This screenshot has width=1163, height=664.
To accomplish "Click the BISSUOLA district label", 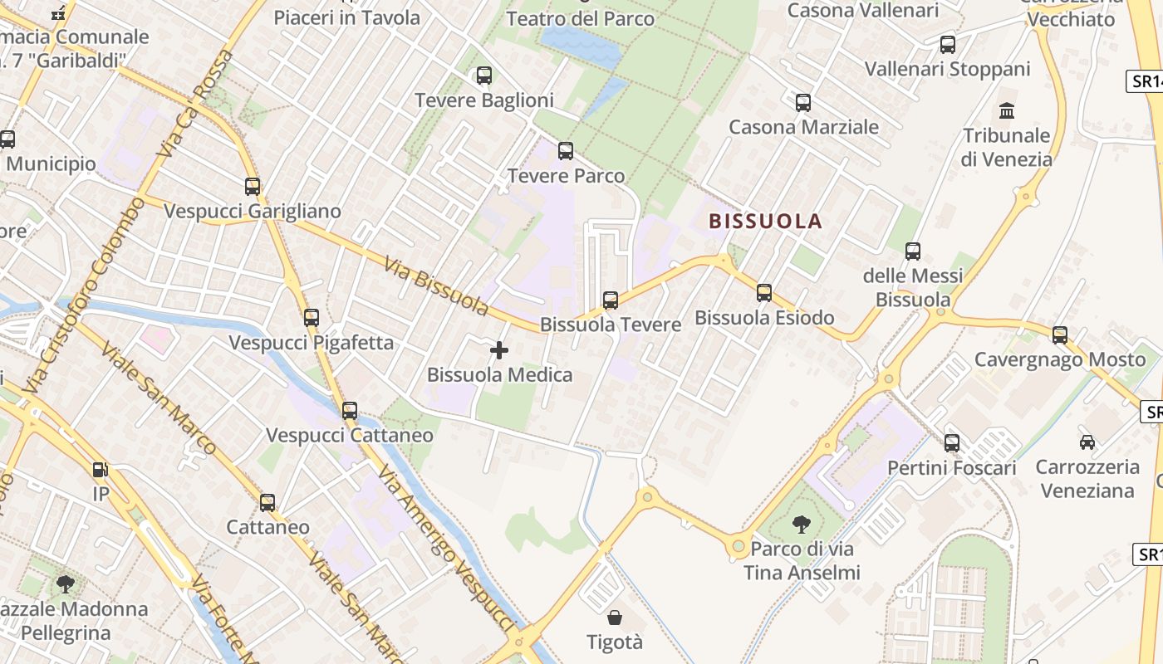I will point(765,221).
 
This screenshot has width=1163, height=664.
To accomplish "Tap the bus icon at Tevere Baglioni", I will point(484,76).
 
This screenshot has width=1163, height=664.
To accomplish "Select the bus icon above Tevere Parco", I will point(566,151).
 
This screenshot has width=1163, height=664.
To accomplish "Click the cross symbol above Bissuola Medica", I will point(499,350).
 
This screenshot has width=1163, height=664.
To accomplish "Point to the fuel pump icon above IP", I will point(101,470).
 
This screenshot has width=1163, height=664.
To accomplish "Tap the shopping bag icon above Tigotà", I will point(615,618).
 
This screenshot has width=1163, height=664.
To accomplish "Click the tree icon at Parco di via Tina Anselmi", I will point(802,524).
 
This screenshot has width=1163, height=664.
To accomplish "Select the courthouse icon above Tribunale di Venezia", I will point(1008,110).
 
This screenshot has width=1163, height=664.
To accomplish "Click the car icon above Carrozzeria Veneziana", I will point(1087,442).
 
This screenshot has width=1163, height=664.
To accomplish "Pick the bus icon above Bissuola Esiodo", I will point(764,293).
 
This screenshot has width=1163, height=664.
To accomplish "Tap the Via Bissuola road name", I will point(436,286).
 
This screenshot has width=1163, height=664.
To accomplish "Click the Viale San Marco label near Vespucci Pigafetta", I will point(159,398).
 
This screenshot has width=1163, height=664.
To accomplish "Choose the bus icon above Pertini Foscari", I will point(952,443).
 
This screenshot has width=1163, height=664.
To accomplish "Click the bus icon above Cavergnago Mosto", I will point(1060,335).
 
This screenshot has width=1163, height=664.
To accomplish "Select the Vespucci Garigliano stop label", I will point(253,211).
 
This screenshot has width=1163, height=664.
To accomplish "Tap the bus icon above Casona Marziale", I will point(803,103).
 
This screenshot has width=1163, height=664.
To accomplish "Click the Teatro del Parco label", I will point(581,18).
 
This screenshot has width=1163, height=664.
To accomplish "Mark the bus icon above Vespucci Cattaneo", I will point(350,411).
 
